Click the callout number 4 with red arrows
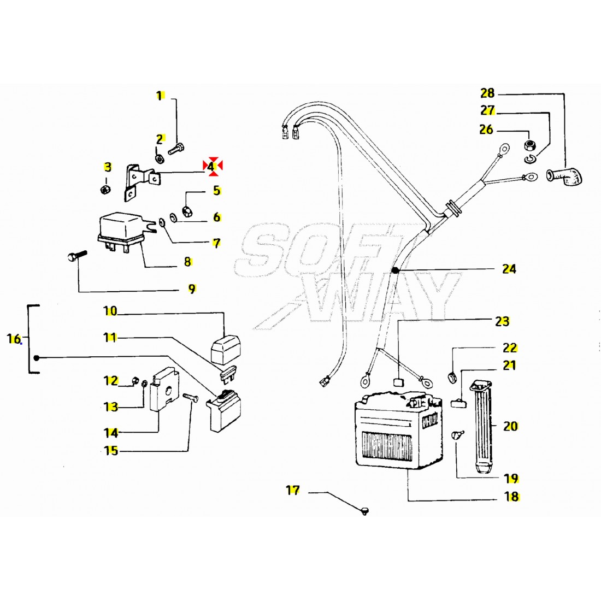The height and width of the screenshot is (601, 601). click(x=210, y=167)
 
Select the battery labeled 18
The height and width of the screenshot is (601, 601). click(x=399, y=429)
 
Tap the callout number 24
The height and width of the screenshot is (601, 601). click(x=509, y=269)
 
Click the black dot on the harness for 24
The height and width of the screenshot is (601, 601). click(x=395, y=270)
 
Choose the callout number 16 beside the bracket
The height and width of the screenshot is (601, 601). click(x=14, y=339)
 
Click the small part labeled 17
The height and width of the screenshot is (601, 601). click(x=364, y=510)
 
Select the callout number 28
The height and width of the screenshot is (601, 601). click(x=487, y=93)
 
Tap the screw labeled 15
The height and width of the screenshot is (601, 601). click(x=191, y=397)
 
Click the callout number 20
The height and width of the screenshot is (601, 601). click(x=510, y=426)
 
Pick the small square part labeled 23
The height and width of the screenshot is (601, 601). click(x=399, y=382)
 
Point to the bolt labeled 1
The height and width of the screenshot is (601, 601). click(x=175, y=148)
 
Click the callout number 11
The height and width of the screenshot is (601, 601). click(x=110, y=338)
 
